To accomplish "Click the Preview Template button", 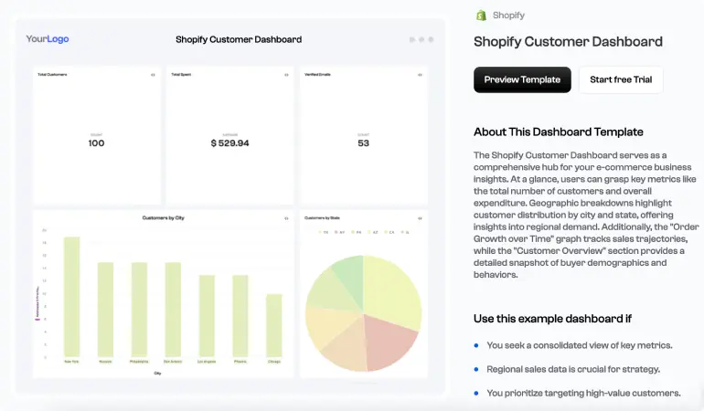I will [x=522, y=79].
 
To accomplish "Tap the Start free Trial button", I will [x=621, y=79].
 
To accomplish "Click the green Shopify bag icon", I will [x=481, y=16].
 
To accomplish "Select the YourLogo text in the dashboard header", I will [x=48, y=39].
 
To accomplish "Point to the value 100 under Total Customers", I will [x=96, y=143].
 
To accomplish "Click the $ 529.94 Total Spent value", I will [x=229, y=143].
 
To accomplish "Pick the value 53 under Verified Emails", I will [x=363, y=143].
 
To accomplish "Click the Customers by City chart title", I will [x=163, y=218].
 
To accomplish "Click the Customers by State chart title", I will [x=321, y=218].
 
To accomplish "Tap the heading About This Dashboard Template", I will [x=558, y=132].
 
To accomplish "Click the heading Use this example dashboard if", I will [x=552, y=319].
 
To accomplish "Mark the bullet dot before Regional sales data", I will [x=476, y=369].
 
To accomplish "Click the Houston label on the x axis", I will [x=105, y=362].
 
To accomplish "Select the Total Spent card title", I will [x=180, y=74].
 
